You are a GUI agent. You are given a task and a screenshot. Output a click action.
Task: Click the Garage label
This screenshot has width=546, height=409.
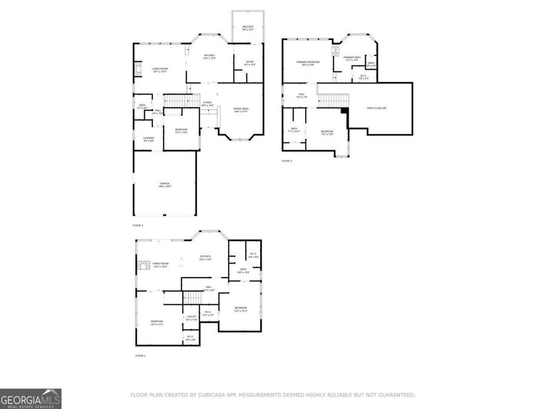click(164, 184)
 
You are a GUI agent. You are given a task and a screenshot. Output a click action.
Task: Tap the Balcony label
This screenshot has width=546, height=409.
click(248, 28)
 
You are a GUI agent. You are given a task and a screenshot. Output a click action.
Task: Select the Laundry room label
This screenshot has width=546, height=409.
click(149, 139)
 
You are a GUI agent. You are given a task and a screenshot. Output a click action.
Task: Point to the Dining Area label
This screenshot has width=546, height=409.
click(241, 109)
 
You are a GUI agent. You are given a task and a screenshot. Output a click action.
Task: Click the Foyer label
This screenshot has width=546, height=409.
click(207, 103)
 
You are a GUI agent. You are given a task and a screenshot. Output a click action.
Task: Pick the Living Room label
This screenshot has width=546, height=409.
click(160, 70)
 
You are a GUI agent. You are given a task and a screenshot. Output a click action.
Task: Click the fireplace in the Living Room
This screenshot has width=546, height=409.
click(138, 70)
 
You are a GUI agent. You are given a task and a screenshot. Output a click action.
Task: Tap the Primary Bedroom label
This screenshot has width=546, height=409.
click(308, 63)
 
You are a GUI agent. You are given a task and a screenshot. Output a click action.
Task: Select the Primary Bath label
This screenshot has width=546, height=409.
click(352, 58)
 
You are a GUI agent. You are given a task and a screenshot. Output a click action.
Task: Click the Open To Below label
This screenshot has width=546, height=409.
click(376, 108)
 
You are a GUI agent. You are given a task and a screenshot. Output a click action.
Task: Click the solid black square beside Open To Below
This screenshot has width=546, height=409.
click(345, 111)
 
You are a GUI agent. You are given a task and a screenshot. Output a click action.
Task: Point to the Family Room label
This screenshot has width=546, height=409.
click(160, 265)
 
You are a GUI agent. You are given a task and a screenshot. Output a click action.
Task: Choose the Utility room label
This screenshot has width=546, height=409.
click(191, 317)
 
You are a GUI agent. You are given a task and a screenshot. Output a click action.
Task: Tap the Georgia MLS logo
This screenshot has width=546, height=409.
click(30, 399)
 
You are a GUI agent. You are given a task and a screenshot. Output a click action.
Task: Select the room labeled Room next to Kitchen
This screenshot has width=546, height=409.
click(249, 63)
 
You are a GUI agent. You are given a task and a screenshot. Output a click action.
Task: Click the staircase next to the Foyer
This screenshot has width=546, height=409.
click(183, 100)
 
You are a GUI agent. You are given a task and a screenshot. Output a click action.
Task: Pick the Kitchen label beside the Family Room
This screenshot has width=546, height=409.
click(206, 258)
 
